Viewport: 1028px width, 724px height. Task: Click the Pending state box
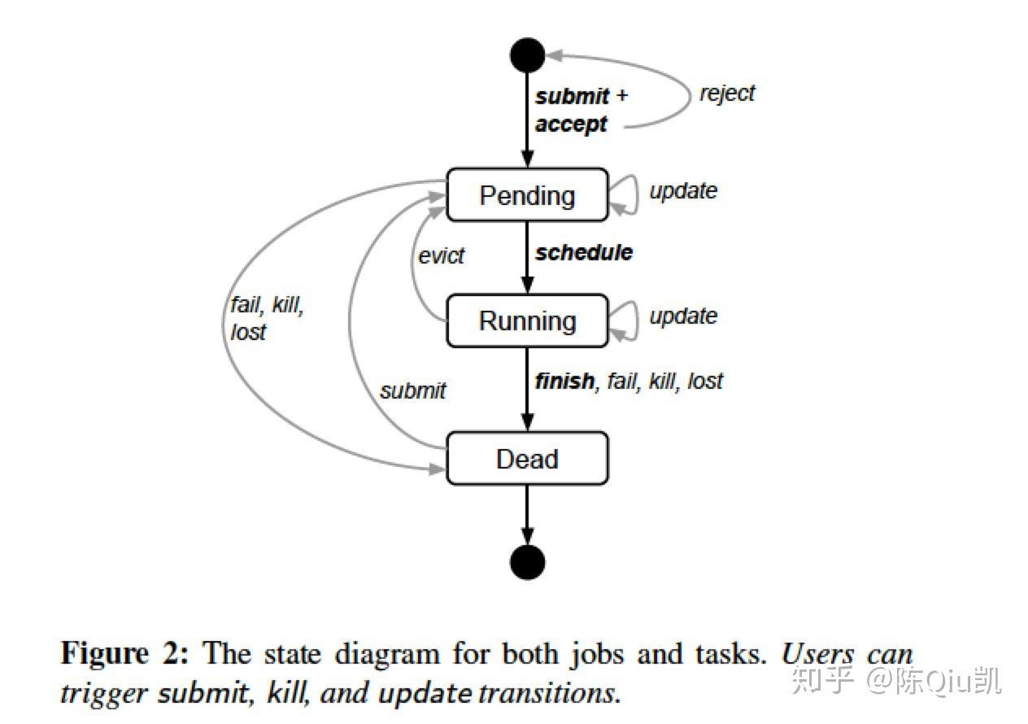pos(527,195)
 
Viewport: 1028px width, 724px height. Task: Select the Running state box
pos(527,321)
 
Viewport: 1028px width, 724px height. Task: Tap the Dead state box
pos(527,459)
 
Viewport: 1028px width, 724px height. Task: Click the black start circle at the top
pos(527,55)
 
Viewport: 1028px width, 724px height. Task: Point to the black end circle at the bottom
pos(527,562)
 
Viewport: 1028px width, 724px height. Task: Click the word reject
pos(727,94)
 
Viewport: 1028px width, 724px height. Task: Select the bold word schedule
pos(583,252)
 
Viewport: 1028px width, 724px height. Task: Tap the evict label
pos(441,255)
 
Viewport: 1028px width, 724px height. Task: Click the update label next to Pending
pos(682,191)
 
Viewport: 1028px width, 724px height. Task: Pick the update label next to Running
pos(682,316)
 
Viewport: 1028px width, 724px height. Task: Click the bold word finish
pos(564,381)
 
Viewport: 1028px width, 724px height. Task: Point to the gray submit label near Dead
pos(412,390)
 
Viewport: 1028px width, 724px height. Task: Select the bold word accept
pos(571,124)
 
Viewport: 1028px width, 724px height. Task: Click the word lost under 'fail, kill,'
pos(248,333)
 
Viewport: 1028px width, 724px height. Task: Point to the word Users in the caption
pos(819,654)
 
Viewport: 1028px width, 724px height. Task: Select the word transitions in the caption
pos(547,694)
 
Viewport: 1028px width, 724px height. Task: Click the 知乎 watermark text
pos(822,680)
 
